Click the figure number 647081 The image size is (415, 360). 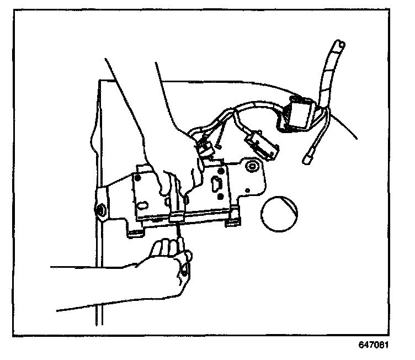(x=373, y=346)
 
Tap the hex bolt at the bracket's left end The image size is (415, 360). (x=102, y=210)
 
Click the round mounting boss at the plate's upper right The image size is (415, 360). (x=252, y=165)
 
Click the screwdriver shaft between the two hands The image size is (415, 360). (x=178, y=232)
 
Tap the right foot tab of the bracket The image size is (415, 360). (x=232, y=221)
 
